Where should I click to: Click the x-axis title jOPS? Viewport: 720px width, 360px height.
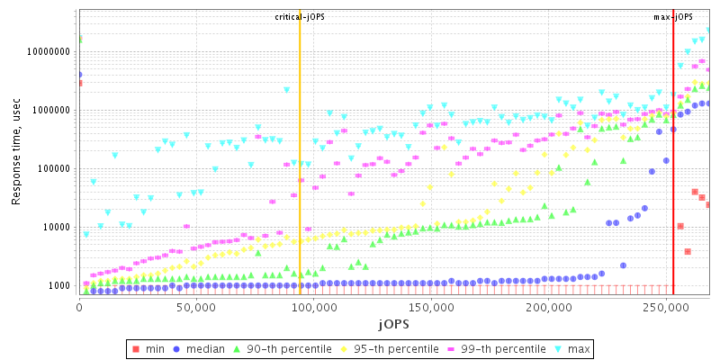393,322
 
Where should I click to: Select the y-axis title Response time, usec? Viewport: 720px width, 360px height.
16,151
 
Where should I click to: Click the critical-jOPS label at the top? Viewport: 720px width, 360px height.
300,17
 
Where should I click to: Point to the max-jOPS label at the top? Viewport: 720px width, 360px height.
673,17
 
